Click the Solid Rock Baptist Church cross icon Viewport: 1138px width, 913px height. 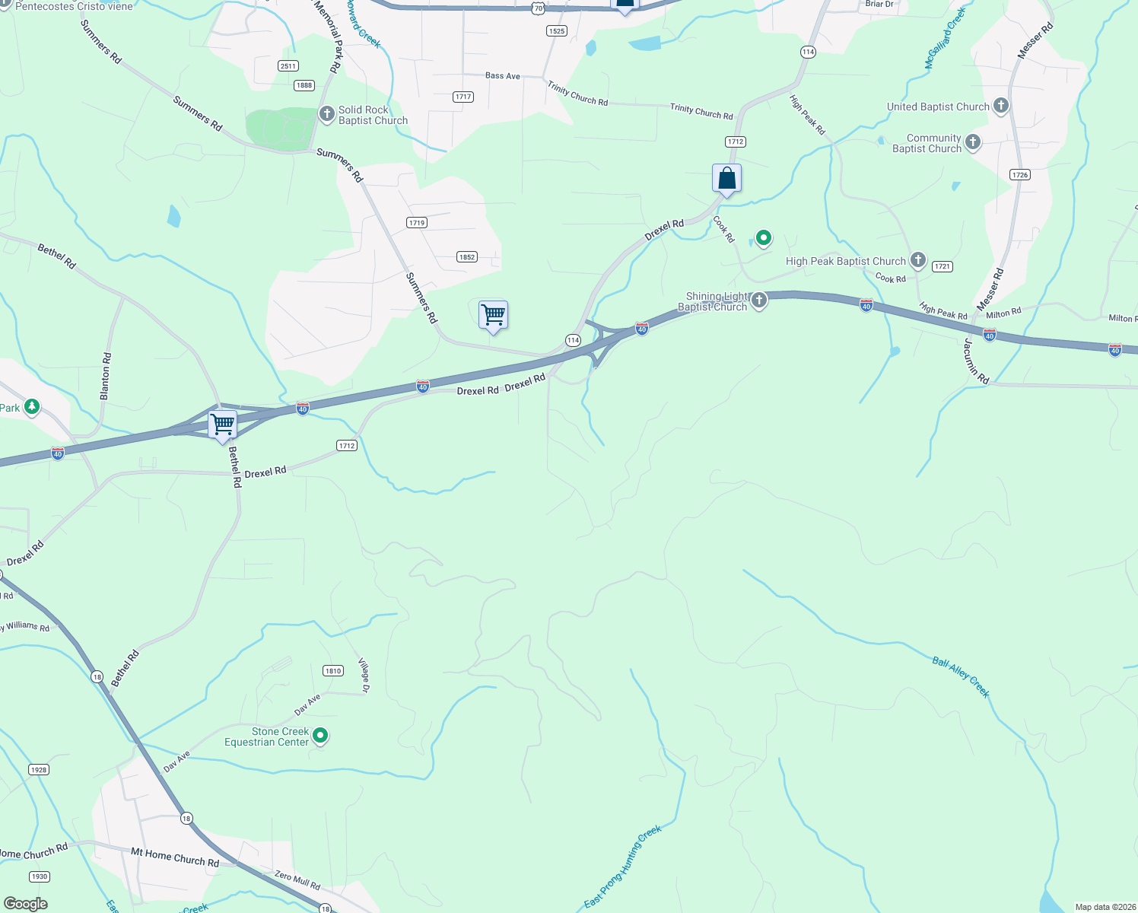click(x=327, y=114)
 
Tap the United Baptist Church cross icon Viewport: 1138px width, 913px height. click(x=1001, y=106)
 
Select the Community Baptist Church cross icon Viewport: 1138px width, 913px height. click(x=973, y=142)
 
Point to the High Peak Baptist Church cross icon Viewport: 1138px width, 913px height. click(x=918, y=260)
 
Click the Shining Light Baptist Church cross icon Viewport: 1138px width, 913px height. click(x=758, y=301)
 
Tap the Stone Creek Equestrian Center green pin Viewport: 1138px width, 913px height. click(x=320, y=735)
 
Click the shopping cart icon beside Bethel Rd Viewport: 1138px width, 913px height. click(x=223, y=425)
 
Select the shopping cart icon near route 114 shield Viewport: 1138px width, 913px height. click(x=494, y=314)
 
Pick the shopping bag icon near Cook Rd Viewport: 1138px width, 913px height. click(x=726, y=179)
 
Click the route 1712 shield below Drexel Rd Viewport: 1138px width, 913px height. click(x=347, y=445)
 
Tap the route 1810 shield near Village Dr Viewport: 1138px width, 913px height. click(x=333, y=670)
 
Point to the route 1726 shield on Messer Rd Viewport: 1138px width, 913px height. click(x=1020, y=174)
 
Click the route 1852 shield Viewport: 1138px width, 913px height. click(x=467, y=256)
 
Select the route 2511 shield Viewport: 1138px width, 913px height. click(x=288, y=65)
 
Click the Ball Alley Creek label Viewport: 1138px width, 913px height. click(x=961, y=676)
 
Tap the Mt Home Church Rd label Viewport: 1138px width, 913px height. click(x=175, y=857)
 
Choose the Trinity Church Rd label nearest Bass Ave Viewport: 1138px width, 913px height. click(x=577, y=94)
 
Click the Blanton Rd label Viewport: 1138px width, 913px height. click(x=106, y=376)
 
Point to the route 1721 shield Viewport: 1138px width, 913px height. click(x=943, y=266)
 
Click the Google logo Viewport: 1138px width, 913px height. click(x=26, y=903)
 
